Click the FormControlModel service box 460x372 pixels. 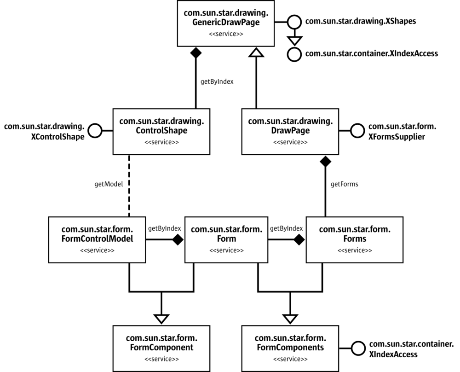coord(97,239)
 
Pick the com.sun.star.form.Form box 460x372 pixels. coord(226,239)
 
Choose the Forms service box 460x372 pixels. coord(355,239)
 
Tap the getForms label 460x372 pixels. coord(344,184)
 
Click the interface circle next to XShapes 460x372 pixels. coord(293,21)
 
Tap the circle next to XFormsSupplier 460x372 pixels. coord(357,131)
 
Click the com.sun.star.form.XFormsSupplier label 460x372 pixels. coord(402,131)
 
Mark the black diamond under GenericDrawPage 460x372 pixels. coord(196,53)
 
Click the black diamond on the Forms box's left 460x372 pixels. coord(299,239)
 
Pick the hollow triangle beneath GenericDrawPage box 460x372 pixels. coord(254,52)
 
